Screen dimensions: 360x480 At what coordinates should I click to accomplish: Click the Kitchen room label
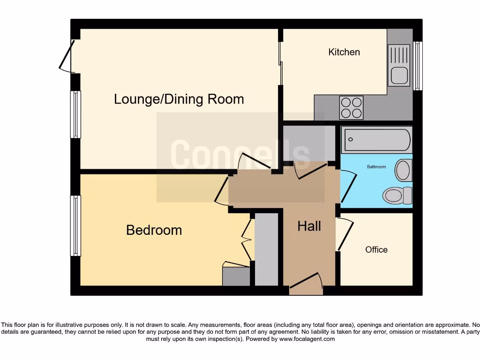344,52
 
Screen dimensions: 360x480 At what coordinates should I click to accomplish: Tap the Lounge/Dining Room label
179,99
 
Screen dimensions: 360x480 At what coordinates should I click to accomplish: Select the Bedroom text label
154,230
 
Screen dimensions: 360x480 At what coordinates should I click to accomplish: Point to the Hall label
309,226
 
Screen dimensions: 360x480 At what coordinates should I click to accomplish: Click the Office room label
376,250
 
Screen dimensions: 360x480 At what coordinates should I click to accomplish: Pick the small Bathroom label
376,167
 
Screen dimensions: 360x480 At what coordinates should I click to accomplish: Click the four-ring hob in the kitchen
351,107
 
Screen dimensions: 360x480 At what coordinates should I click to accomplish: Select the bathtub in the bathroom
377,140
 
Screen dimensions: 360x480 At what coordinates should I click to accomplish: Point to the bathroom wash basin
403,170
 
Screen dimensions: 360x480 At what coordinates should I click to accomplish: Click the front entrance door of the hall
306,283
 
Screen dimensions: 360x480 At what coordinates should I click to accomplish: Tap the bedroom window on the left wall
75,225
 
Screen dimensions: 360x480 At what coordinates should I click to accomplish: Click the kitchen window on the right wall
418,66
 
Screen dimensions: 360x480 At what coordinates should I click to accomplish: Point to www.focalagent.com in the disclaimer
307,339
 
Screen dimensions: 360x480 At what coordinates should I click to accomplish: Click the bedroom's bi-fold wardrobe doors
246,239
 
